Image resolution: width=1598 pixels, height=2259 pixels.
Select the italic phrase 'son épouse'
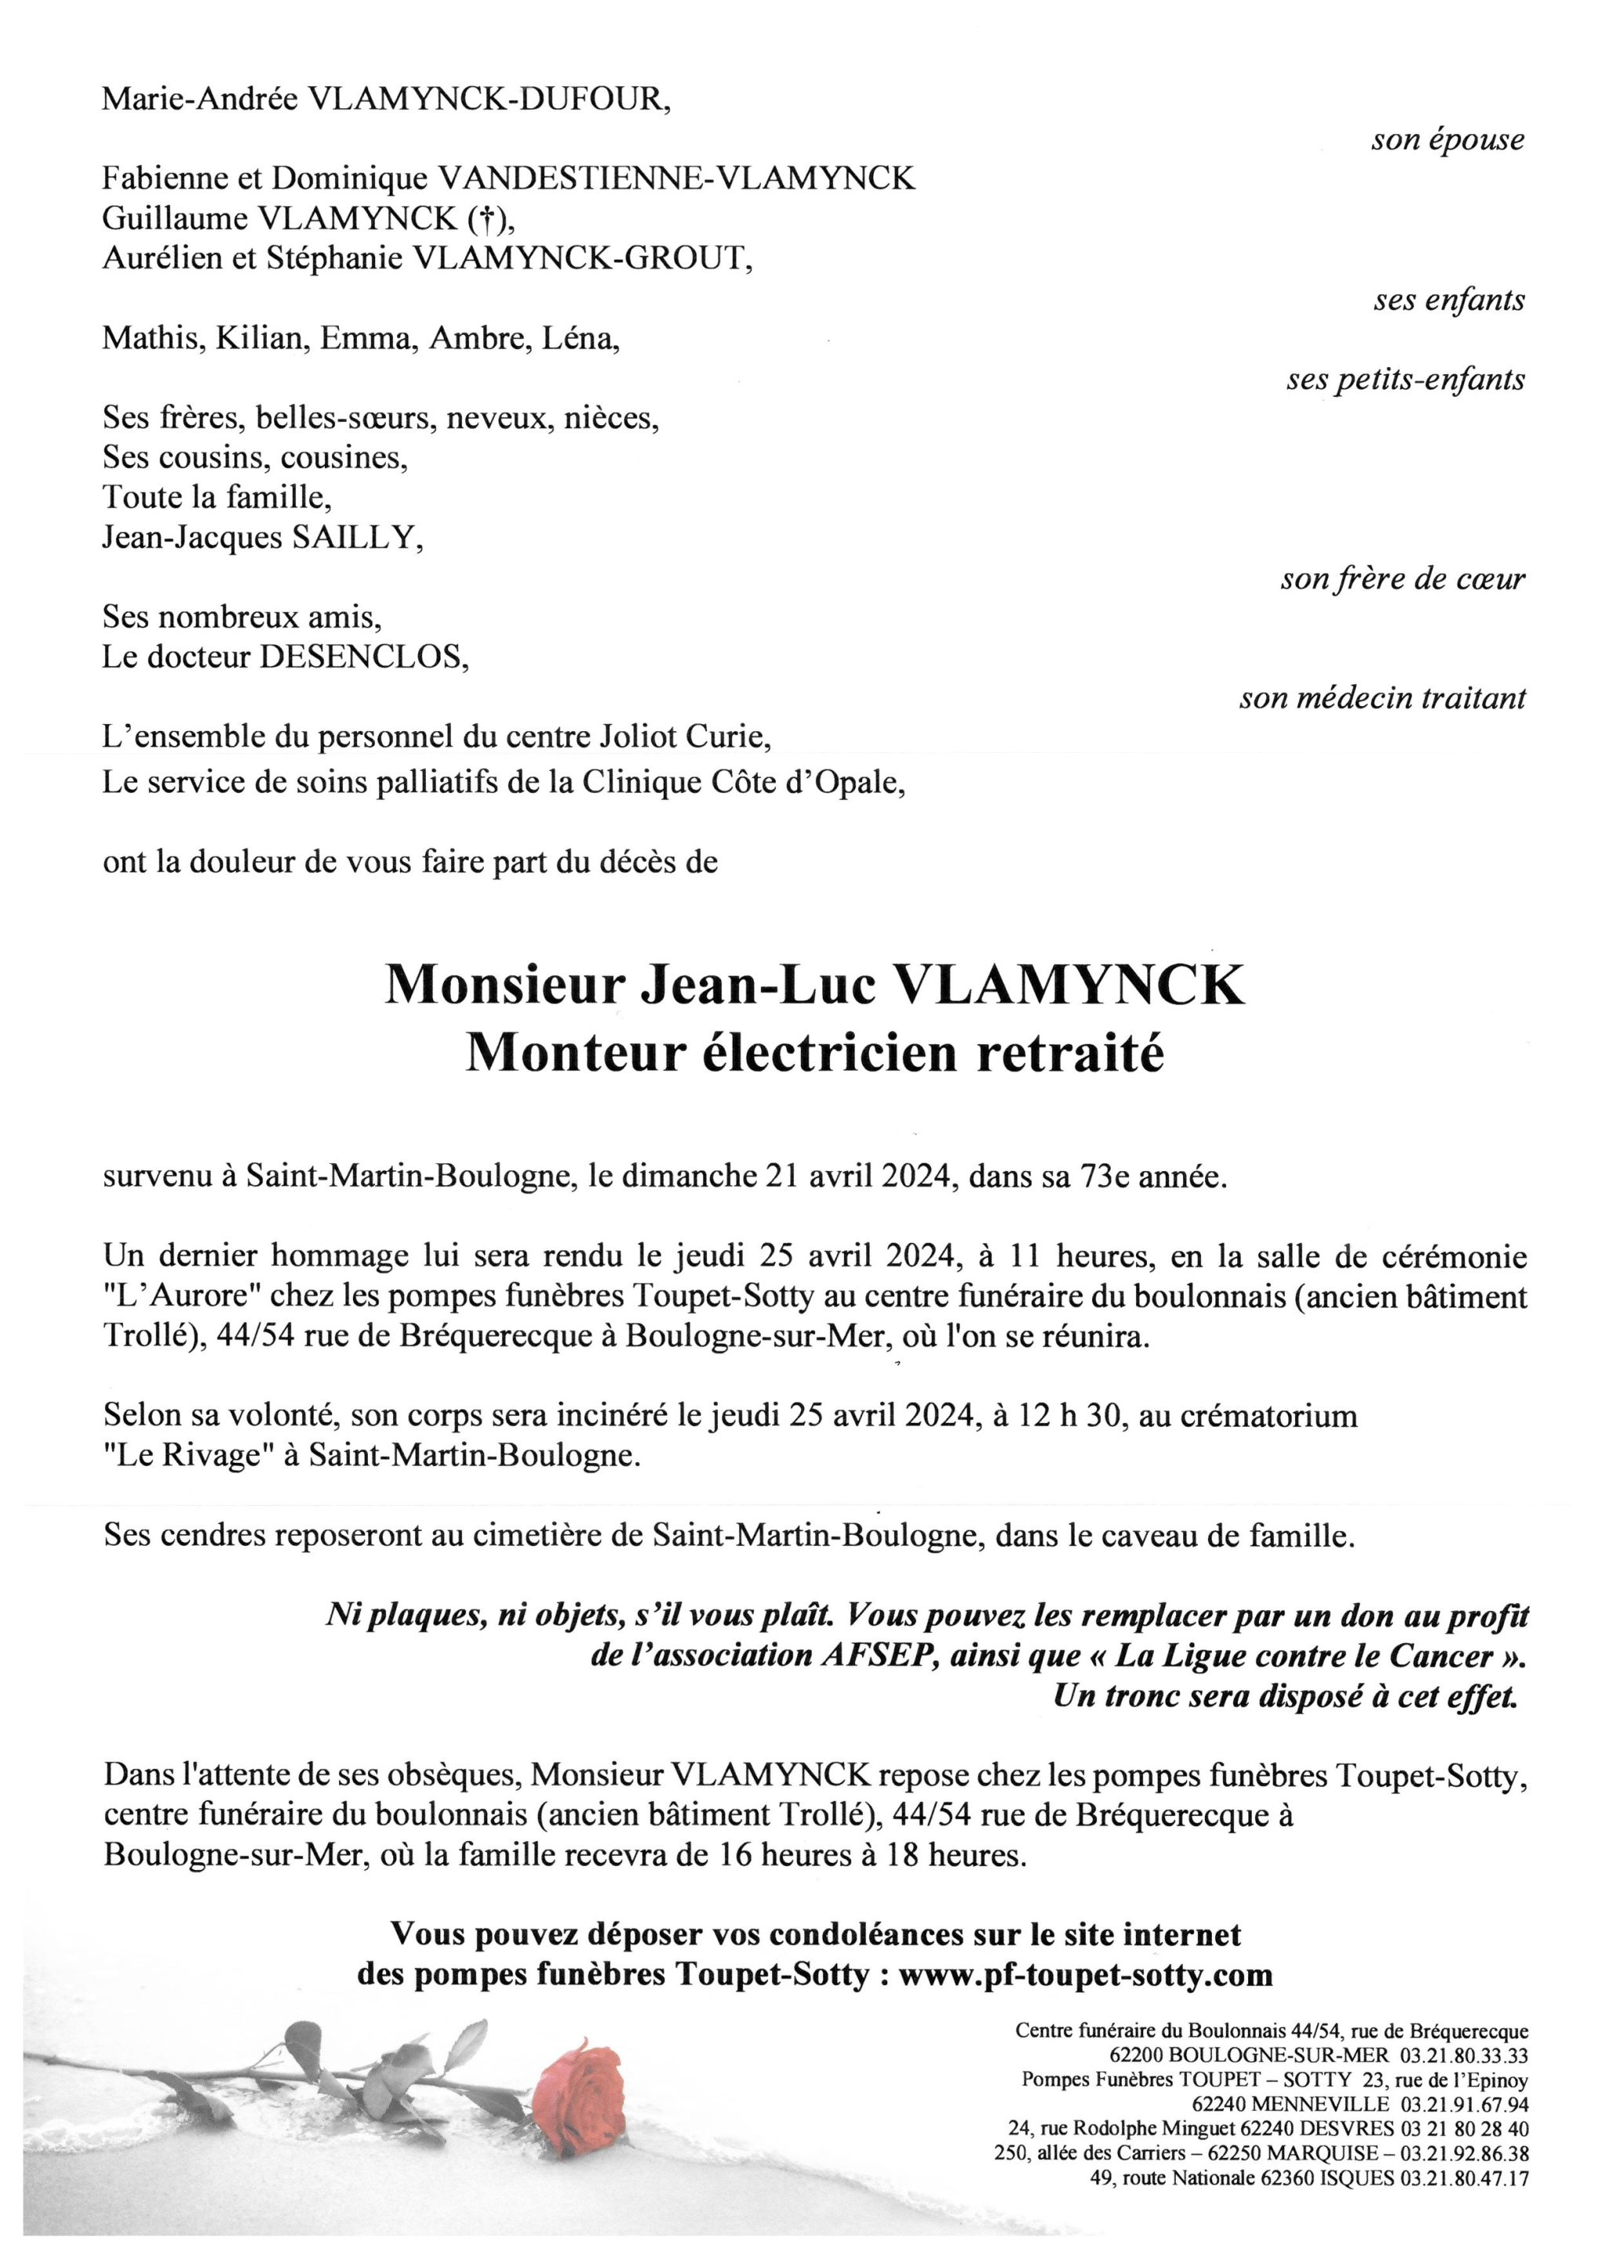(x=1447, y=140)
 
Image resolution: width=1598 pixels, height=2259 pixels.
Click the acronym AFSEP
(x=875, y=1656)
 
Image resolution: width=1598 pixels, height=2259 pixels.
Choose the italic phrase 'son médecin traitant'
(x=1382, y=699)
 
